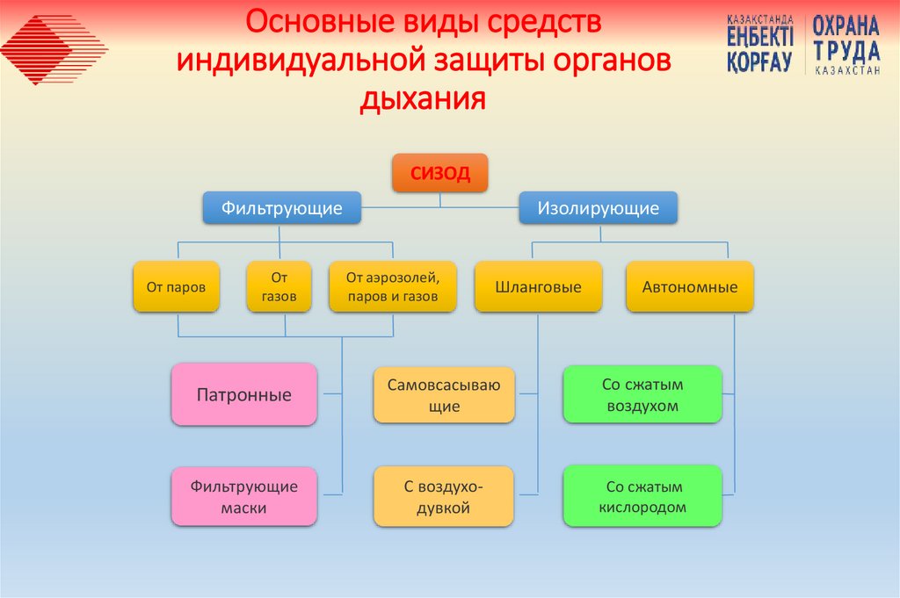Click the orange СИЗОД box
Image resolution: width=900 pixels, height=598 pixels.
[x=439, y=173]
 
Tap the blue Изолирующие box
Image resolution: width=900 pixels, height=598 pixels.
[x=598, y=208]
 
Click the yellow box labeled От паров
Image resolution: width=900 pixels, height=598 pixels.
[x=176, y=286]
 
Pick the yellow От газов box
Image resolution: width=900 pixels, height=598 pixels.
[x=279, y=286]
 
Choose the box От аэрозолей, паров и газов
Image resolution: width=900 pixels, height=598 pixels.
[x=393, y=286]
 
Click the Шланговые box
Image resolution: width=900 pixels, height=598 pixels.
[x=538, y=286]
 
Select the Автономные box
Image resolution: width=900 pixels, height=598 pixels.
[x=690, y=286]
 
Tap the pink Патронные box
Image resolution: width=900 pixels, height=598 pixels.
[x=243, y=395]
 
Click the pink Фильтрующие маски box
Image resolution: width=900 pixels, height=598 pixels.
[x=243, y=497]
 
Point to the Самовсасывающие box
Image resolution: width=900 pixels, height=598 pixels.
[x=444, y=395]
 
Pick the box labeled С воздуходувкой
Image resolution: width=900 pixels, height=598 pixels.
[x=444, y=497]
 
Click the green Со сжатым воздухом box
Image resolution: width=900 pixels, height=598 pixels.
[x=642, y=395]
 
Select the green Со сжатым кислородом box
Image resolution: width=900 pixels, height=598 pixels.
[x=642, y=497]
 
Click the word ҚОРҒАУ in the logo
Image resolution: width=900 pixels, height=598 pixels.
[x=759, y=61]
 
